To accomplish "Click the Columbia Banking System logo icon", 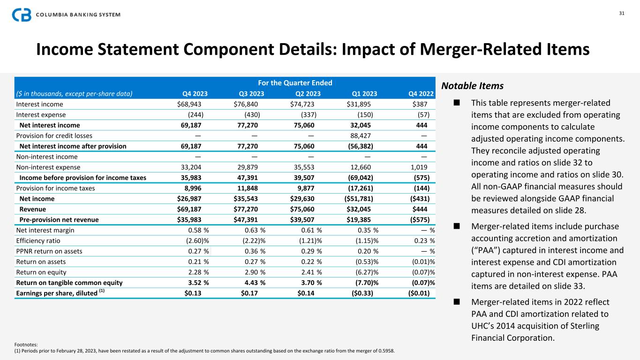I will (22, 15).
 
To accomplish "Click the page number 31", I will (621, 13).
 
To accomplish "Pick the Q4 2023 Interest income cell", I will (189, 104).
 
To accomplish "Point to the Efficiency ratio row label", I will (37, 240).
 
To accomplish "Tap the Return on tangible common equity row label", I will (69, 282).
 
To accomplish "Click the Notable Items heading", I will (473, 86).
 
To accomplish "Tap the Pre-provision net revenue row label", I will (59, 219).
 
